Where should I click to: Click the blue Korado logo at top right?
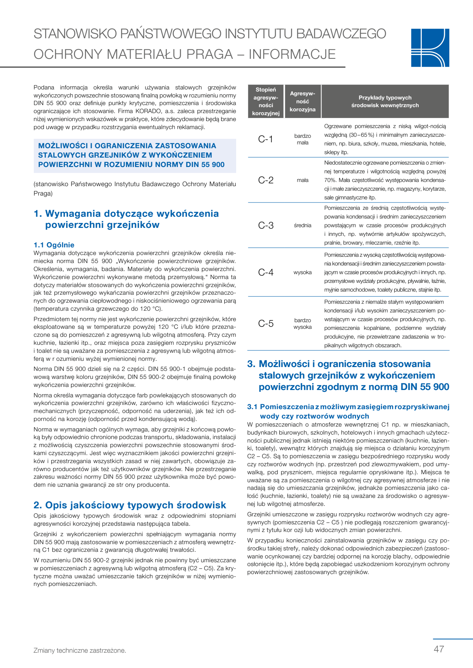[430, 48]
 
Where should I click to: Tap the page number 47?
[439, 649]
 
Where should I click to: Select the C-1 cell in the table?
[265, 139]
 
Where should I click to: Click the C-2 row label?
[265, 180]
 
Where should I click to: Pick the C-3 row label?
[265, 225]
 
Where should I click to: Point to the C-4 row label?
[265, 272]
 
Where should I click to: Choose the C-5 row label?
[265, 324]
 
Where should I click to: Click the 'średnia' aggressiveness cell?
[302, 225]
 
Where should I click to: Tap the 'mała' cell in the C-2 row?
[302, 180]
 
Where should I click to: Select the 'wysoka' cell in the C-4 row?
[302, 272]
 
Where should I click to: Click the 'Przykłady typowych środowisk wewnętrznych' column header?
[385, 101]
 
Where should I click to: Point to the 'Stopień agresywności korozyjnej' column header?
[266, 101]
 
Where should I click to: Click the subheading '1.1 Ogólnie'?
[54, 245]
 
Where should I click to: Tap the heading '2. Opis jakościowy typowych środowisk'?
[130, 505]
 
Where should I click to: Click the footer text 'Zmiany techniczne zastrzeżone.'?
[80, 650]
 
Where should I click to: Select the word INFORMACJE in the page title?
[292, 54]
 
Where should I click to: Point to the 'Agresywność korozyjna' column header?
[302, 101]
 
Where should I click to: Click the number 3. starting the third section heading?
[251, 364]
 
